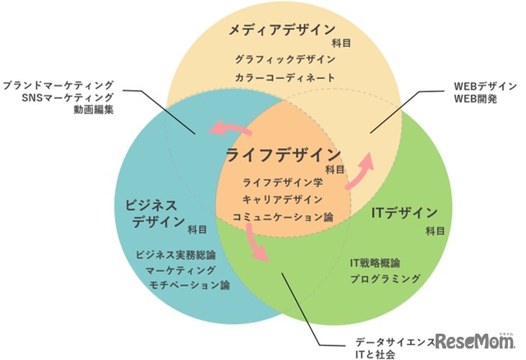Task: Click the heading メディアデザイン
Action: click(x=282, y=30)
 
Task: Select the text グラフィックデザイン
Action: click(x=285, y=60)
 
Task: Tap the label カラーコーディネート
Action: click(x=285, y=78)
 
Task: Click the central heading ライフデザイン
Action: click(x=284, y=155)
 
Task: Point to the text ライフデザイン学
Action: click(x=283, y=182)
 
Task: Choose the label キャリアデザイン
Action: click(x=283, y=200)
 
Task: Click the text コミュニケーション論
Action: click(x=283, y=217)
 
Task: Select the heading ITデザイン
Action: click(x=404, y=213)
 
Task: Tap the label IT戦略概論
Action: click(x=375, y=263)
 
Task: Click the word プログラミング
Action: click(x=385, y=279)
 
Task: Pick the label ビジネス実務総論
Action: click(x=176, y=255)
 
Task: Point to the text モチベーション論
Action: click(x=189, y=285)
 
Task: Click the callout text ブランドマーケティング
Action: click(x=58, y=85)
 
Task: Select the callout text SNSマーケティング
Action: click(x=67, y=98)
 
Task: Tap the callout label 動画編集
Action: click(x=94, y=109)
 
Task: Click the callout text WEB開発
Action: click(x=475, y=99)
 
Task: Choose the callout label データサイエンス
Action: click(x=395, y=342)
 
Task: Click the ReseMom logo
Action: click(x=475, y=341)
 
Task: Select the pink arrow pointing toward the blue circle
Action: click(x=230, y=128)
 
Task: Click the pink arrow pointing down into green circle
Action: click(x=256, y=242)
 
